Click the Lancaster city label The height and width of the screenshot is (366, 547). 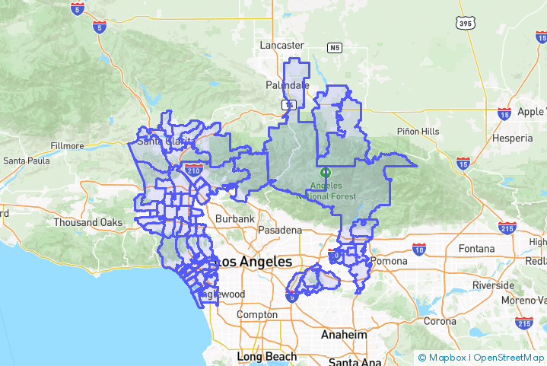[x=281, y=46]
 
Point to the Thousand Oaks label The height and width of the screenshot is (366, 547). [x=87, y=223]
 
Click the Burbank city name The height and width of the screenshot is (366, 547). [x=234, y=219]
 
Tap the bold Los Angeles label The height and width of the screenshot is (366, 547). [x=254, y=262]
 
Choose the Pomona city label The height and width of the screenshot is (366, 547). [x=389, y=261]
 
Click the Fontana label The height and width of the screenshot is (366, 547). [x=477, y=249]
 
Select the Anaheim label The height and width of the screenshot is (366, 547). [x=343, y=335]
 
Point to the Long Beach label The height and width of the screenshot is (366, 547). [x=266, y=356]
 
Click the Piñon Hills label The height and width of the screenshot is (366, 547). [x=418, y=132]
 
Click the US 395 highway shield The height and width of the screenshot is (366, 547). [x=466, y=24]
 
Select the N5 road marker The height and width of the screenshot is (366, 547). [x=335, y=48]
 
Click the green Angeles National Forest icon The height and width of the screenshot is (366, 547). [x=326, y=172]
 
